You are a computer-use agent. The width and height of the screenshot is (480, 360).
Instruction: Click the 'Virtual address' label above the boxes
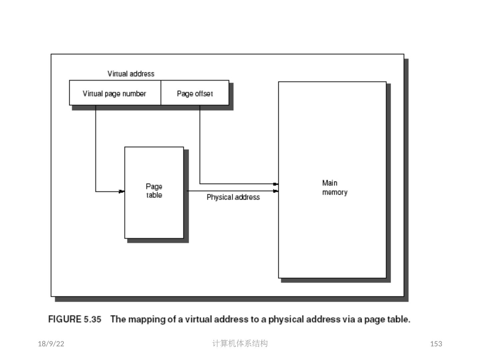click(131, 74)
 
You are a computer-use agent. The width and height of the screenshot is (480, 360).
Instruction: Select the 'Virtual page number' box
click(115, 94)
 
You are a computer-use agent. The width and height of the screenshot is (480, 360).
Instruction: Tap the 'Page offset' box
click(195, 94)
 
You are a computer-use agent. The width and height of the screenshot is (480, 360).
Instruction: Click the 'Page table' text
click(154, 191)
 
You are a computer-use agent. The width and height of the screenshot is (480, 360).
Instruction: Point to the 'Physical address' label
click(233, 197)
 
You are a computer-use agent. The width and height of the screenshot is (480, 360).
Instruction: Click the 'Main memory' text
click(334, 188)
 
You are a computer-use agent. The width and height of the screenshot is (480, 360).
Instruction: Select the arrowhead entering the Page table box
click(122, 191)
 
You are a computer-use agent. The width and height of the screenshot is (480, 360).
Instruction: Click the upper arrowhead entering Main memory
click(275, 184)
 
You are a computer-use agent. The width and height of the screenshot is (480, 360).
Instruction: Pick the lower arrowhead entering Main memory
click(275, 191)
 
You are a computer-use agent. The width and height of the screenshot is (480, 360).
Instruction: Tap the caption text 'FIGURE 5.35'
click(75, 319)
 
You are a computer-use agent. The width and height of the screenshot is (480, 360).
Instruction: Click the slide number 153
click(436, 344)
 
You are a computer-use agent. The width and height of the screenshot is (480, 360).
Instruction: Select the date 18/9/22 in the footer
click(51, 344)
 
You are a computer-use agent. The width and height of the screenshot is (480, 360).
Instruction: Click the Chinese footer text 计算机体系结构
click(240, 343)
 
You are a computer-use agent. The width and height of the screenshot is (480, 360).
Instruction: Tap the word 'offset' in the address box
click(204, 94)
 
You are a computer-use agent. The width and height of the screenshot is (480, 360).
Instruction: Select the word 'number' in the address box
click(134, 94)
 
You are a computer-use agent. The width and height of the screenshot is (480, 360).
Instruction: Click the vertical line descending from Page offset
click(200, 143)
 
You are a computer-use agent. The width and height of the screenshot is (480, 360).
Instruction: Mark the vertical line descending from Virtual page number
click(96, 147)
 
